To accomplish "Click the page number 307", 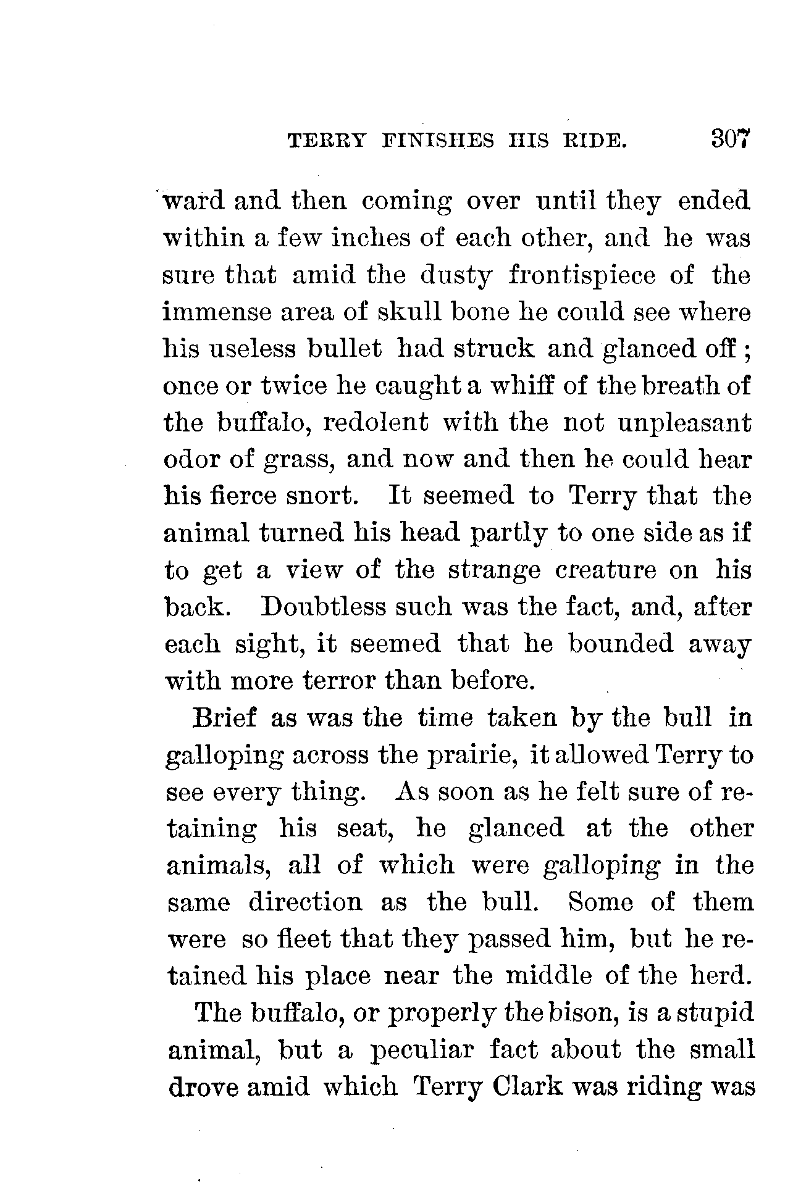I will pos(731,139).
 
